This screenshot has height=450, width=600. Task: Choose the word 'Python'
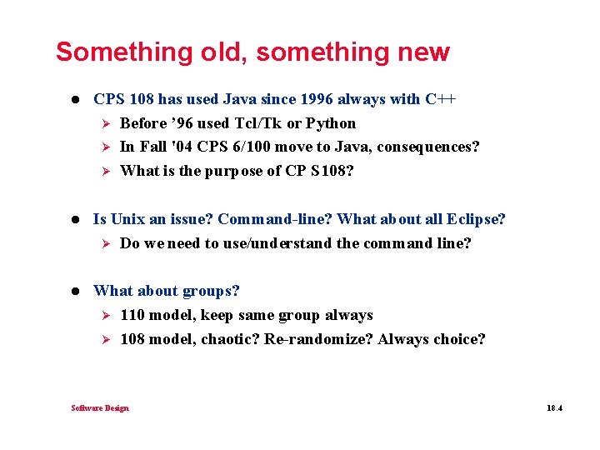click(331, 123)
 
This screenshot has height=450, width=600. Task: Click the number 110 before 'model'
click(133, 315)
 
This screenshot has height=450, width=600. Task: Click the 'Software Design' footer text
click(100, 407)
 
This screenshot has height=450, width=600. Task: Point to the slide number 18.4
click(555, 407)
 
